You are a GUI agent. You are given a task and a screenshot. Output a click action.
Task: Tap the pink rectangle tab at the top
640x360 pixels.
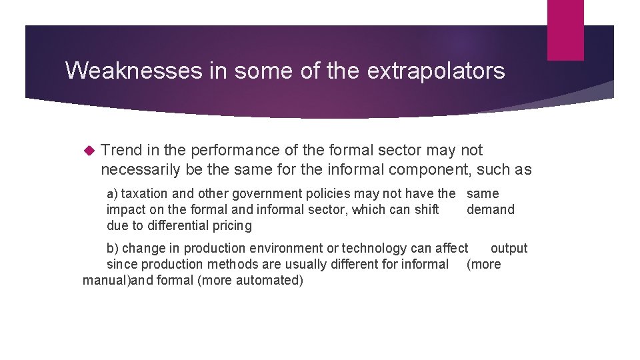[x=565, y=30]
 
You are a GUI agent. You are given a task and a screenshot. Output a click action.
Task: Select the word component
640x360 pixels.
[x=431, y=169]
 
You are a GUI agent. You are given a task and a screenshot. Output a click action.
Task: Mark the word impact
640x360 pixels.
[x=125, y=209]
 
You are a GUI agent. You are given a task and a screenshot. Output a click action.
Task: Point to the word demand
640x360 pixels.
[x=491, y=209]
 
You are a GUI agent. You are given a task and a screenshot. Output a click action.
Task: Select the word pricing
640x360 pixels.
[x=233, y=225]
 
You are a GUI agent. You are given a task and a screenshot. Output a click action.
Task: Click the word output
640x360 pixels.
[x=509, y=248]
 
